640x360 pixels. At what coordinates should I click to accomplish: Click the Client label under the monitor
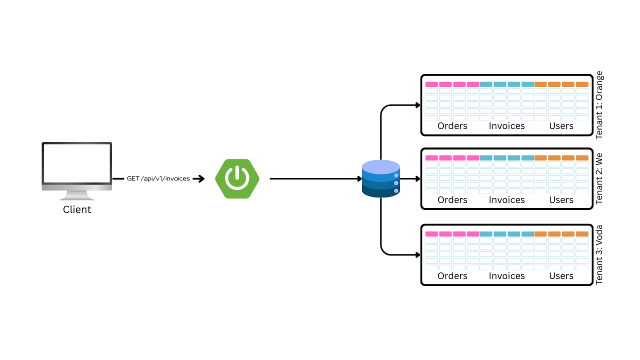coord(77,209)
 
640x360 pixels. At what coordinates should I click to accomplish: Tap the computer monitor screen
coord(77,163)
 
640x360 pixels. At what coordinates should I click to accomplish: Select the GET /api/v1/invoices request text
coord(158,178)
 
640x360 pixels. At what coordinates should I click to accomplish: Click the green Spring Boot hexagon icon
coord(237,178)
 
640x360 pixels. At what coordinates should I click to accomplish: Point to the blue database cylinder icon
coord(381,179)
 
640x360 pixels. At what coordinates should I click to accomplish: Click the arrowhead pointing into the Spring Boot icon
coord(201,178)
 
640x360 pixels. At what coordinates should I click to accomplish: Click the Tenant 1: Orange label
coord(599,105)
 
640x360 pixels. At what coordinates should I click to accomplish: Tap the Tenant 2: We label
coord(599,178)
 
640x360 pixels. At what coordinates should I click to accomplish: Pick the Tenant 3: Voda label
coord(599,254)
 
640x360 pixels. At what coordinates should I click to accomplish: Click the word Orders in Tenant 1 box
coord(452,125)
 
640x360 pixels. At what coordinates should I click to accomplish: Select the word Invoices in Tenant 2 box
coord(506,199)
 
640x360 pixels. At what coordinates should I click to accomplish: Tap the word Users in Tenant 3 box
coord(561,275)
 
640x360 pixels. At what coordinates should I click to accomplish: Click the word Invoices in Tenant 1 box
coord(506,125)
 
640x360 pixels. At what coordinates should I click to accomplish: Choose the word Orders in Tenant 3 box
coord(452,275)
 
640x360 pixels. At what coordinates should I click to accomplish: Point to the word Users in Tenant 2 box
coord(561,199)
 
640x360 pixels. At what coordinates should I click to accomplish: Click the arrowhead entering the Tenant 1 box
coord(418,105)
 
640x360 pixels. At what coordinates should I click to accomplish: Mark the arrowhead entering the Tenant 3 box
coord(418,255)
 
